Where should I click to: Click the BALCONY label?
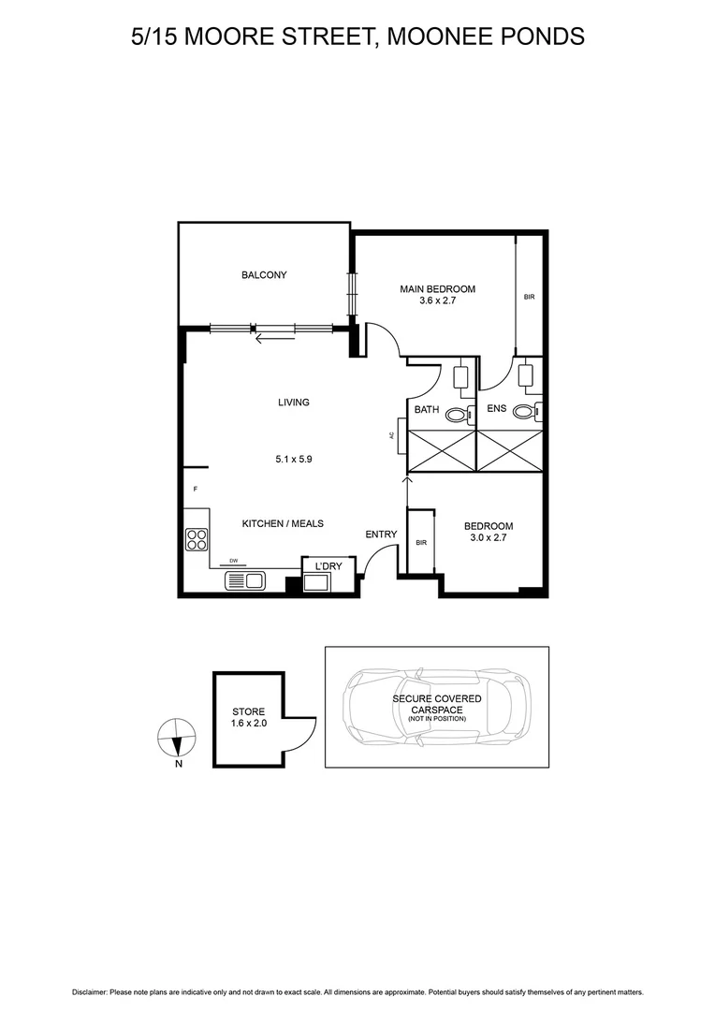264,275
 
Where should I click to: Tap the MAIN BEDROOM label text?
437,289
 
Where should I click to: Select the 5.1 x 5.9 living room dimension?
293,460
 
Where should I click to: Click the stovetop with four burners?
197,539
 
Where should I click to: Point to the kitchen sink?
246,581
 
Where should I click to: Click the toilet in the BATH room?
457,415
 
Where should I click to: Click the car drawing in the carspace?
436,707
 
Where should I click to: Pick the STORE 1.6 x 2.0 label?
249,717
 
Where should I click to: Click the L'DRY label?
328,567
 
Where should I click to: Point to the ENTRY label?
381,535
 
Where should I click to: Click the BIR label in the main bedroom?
529,297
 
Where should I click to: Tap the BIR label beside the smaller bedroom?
420,542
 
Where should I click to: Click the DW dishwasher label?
234,561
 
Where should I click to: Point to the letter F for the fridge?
196,490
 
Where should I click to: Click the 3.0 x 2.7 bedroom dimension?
489,539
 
